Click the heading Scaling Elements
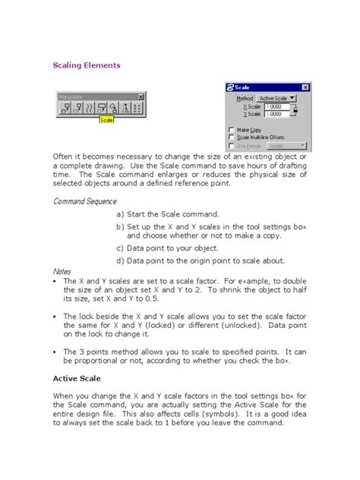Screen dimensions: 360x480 click(86, 66)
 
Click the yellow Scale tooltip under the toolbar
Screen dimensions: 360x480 click(106, 120)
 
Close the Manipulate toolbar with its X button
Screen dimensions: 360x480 click(141, 96)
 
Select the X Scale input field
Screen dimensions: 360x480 click(277, 107)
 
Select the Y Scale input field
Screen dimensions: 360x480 click(277, 115)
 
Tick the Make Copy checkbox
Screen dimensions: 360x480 click(232, 129)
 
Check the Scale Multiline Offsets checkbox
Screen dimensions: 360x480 click(232, 137)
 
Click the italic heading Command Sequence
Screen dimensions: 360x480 click(84, 201)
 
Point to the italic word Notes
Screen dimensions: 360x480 click(62, 271)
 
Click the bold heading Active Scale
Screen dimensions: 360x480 click(76, 377)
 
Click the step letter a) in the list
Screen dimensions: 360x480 click(119, 215)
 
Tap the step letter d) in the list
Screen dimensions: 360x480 click(119, 261)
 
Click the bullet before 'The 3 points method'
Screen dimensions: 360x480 click(55, 352)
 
